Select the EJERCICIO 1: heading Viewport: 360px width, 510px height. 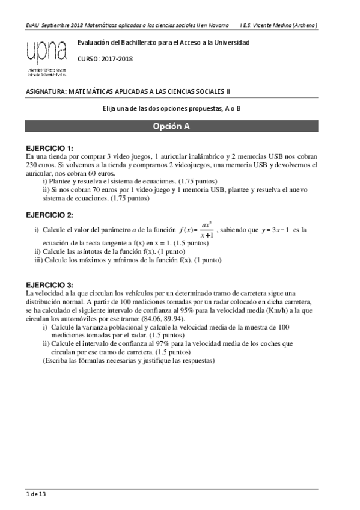(x=50, y=148)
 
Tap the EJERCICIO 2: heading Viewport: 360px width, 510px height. (x=50, y=215)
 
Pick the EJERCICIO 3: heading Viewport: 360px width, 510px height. (x=50, y=284)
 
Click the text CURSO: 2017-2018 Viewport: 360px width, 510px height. (x=105, y=58)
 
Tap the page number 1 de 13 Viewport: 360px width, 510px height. (x=35, y=494)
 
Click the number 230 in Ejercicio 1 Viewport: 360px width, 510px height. (x=32, y=164)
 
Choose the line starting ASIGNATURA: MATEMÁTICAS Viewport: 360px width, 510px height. (x=129, y=91)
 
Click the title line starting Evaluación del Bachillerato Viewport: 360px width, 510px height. (x=163, y=43)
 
